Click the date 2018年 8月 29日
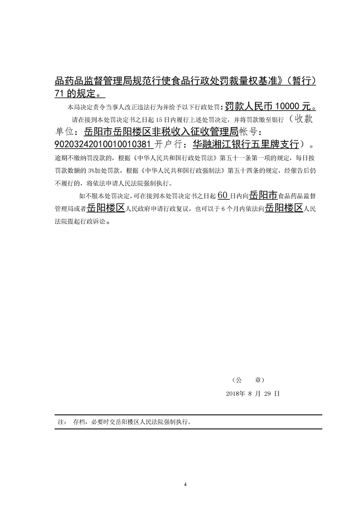[x=253, y=394]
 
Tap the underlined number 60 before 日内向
[x=222, y=196]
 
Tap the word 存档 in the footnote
[x=79, y=421]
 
